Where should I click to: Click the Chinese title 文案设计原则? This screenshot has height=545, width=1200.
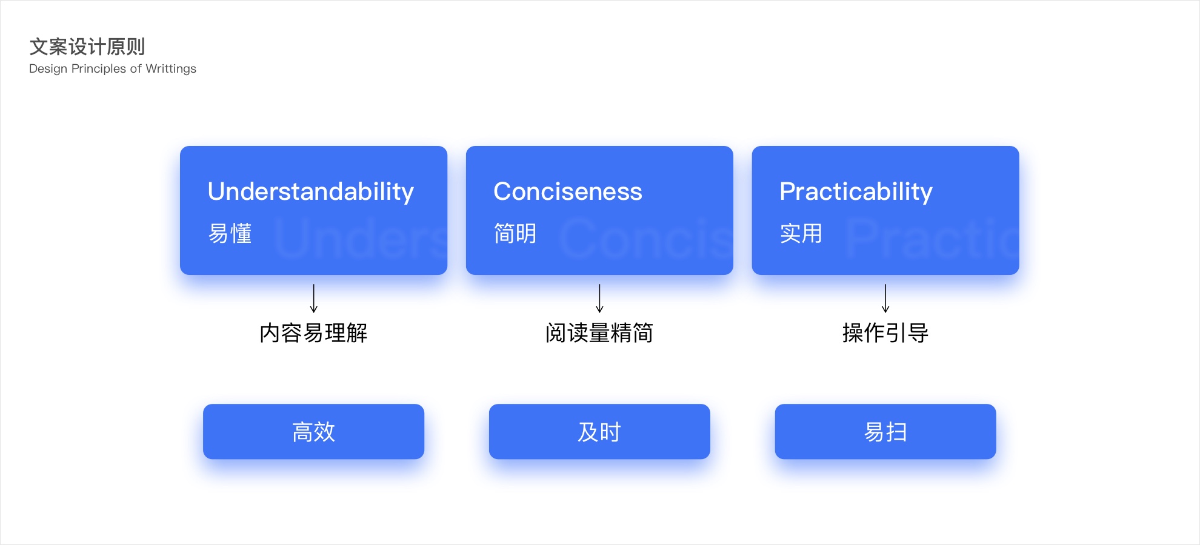pyautogui.click(x=87, y=47)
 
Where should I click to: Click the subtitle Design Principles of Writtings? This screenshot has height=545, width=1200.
pyautogui.click(x=113, y=68)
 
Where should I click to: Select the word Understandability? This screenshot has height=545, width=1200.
pyautogui.click(x=310, y=191)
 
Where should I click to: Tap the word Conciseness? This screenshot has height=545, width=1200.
pyautogui.click(x=567, y=191)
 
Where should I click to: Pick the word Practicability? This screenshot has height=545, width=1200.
pyautogui.click(x=856, y=191)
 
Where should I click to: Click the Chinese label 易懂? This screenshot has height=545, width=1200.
pyautogui.click(x=230, y=233)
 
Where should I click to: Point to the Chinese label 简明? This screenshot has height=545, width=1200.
pyautogui.click(x=515, y=233)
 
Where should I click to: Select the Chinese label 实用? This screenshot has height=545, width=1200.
pyautogui.click(x=801, y=233)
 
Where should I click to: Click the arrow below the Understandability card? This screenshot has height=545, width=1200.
pyautogui.click(x=313, y=298)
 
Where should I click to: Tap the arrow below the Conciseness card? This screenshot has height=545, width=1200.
pyautogui.click(x=599, y=298)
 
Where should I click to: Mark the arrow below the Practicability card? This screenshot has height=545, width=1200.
pyautogui.click(x=885, y=298)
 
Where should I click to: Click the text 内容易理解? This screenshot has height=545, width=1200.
pyautogui.click(x=313, y=333)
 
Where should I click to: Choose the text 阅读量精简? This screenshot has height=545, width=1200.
pyautogui.click(x=599, y=333)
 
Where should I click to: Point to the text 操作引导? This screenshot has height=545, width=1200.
pyautogui.click(x=885, y=333)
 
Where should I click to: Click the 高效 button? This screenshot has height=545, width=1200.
pyautogui.click(x=313, y=432)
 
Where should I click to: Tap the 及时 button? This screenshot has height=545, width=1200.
pyautogui.click(x=599, y=432)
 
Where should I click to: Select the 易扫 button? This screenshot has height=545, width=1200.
pyautogui.click(x=885, y=432)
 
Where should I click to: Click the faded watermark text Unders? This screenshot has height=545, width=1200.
pyautogui.click(x=361, y=239)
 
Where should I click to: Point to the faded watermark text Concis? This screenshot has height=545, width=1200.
pyautogui.click(x=645, y=239)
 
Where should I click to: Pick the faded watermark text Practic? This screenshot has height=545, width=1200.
pyautogui.click(x=932, y=239)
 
